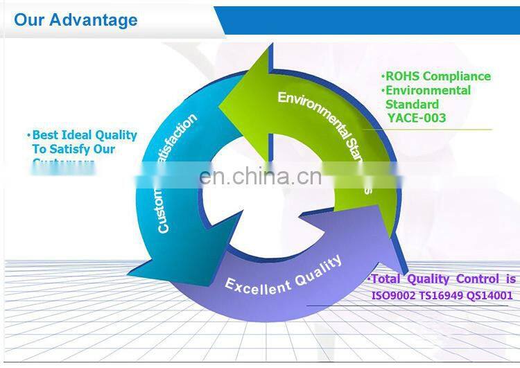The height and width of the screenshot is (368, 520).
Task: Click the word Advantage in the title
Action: tap(94, 20)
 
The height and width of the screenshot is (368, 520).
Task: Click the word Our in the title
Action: tap(30, 20)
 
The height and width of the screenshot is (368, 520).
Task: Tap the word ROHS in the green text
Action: tap(401, 76)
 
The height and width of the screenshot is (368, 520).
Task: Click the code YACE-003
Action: tap(417, 118)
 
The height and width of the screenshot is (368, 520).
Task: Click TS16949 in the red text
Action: tap(442, 295)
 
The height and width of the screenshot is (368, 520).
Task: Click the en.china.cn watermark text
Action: tap(260, 177)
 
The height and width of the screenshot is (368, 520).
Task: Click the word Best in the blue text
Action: tap(46, 135)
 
